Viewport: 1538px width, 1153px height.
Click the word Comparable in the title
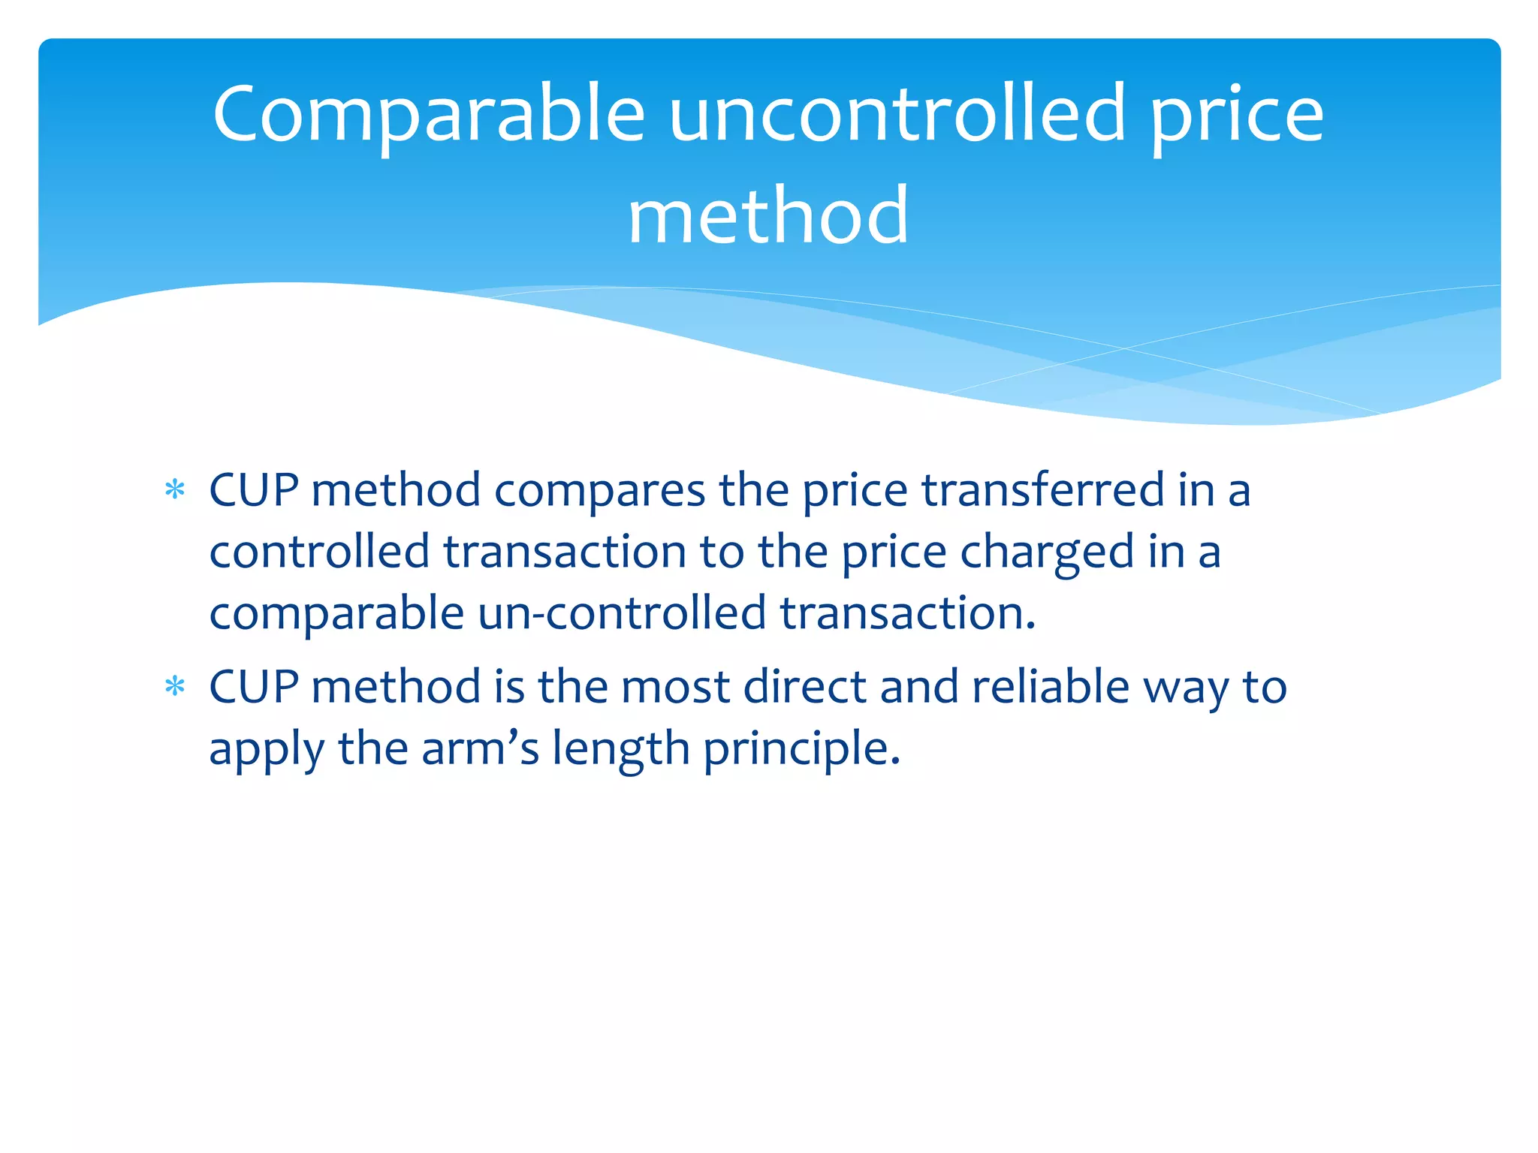tap(428, 115)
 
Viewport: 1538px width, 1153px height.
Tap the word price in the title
tap(1238, 115)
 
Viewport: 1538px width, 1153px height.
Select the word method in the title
tap(767, 216)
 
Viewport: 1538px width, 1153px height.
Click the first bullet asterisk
tap(175, 490)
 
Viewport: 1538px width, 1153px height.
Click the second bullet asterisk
tap(175, 687)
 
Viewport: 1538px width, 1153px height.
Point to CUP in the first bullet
tap(254, 490)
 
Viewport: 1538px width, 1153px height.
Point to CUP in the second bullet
tap(254, 687)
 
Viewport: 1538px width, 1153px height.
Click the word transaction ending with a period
tap(907, 613)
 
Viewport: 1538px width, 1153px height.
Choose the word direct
tap(804, 687)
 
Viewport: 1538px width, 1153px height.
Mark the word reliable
tap(1051, 687)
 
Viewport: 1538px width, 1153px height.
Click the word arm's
tap(481, 749)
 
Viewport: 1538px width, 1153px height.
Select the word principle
tap(801, 749)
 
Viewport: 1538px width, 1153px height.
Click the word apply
tap(267, 749)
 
